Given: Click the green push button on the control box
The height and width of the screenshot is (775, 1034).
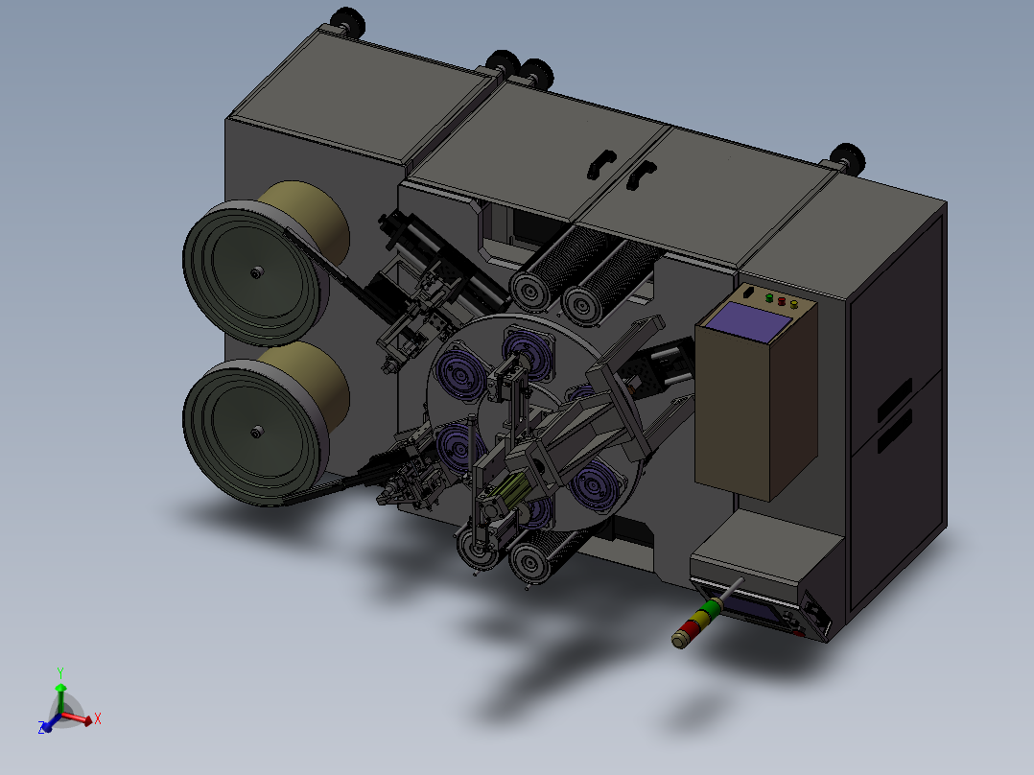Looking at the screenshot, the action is [x=769, y=298].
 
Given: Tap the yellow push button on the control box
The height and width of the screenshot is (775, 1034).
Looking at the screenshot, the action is [x=794, y=305].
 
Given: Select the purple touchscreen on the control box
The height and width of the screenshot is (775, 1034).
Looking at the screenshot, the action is [x=748, y=322].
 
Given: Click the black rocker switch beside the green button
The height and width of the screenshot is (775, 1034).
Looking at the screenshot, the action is [x=748, y=292].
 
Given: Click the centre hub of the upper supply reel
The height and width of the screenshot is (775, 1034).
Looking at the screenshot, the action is [x=256, y=272].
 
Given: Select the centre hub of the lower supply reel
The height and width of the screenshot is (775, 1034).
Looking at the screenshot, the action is [x=256, y=432].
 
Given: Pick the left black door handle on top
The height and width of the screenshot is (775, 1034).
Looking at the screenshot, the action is [x=600, y=164].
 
